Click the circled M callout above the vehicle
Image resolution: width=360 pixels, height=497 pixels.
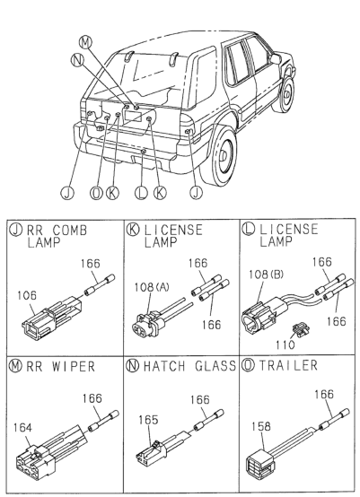pyautogui.click(x=84, y=42)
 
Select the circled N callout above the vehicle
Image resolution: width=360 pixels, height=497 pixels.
pyautogui.click(x=77, y=59)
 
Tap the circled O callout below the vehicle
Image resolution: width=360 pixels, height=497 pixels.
pyautogui.click(x=96, y=193)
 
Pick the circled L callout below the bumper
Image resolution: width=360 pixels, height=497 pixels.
pyautogui.click(x=141, y=193)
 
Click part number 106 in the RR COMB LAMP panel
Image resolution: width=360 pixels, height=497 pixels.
pyautogui.click(x=27, y=296)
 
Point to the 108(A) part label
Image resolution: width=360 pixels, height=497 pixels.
pyautogui.click(x=152, y=287)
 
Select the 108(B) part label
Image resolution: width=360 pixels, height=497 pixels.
pyautogui.click(x=267, y=275)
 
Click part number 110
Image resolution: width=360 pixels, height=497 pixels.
pyautogui.click(x=285, y=344)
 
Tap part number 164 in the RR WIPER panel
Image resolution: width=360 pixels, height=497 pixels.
pyautogui.click(x=22, y=428)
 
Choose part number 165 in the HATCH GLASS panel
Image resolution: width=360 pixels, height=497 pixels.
pyautogui.click(x=148, y=420)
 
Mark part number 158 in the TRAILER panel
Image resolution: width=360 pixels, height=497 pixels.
pyautogui.click(x=261, y=426)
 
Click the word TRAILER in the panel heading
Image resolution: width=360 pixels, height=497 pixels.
pyautogui.click(x=288, y=365)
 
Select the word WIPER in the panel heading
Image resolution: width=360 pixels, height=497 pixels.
pyautogui.click(x=74, y=366)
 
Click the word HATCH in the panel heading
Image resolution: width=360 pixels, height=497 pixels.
pyautogui.click(x=164, y=366)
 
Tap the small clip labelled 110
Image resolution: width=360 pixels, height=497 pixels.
pyautogui.click(x=300, y=330)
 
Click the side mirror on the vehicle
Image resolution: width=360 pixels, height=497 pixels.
pyautogui.click(x=276, y=58)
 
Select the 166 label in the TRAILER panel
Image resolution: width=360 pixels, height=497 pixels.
pyautogui.click(x=324, y=395)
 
